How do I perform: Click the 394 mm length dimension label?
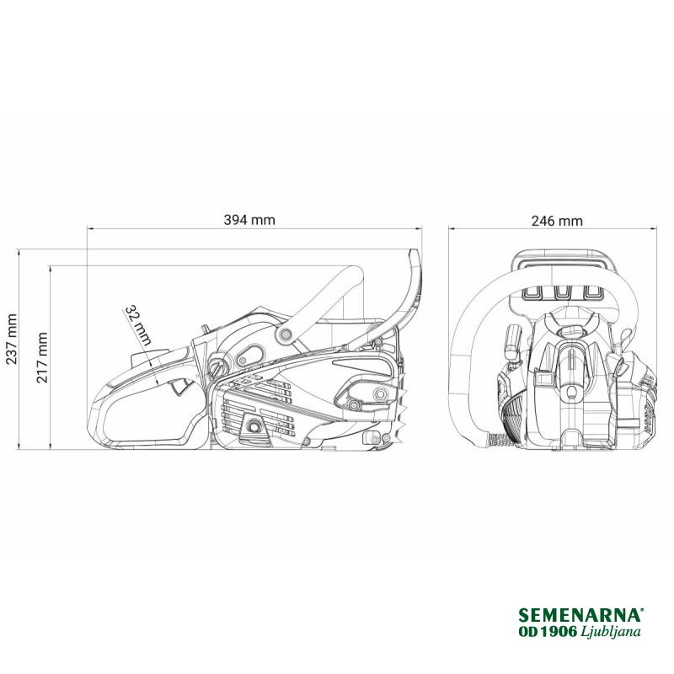(x=249, y=220)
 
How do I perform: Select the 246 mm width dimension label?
(x=557, y=221)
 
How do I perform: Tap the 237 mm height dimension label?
(x=12, y=340)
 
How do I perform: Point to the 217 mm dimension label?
(x=42, y=357)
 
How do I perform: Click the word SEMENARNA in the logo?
(x=580, y=615)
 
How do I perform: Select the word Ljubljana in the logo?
(x=610, y=631)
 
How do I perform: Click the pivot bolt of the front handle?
(x=284, y=334)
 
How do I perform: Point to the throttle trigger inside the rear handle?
(x=180, y=386)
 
